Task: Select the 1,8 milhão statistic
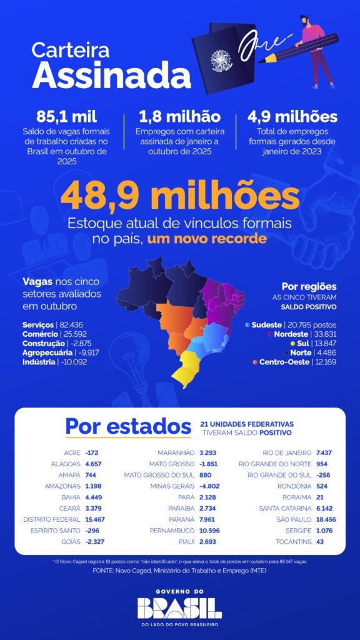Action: point(179,117)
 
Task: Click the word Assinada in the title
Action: point(102,75)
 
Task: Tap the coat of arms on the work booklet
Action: point(221,61)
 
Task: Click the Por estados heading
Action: point(128,427)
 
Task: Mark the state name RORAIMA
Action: point(294,497)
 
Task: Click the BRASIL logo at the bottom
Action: point(179,607)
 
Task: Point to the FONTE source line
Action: point(179,571)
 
